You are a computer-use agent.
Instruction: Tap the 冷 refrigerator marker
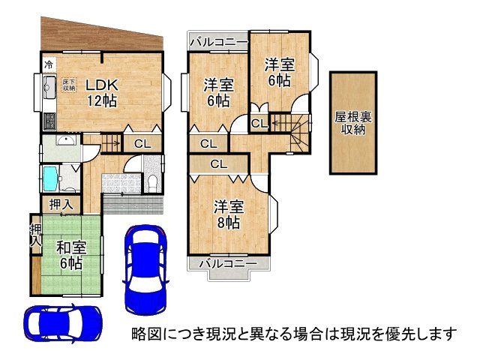tap(48, 64)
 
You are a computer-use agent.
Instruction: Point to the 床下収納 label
tap(68, 84)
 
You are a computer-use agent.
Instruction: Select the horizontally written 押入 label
tap(61, 204)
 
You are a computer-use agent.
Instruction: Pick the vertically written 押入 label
tap(35, 235)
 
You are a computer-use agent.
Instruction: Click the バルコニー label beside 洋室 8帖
tap(227, 263)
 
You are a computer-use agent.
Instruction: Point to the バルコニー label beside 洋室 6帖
tap(217, 41)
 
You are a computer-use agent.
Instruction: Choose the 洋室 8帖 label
tap(226, 214)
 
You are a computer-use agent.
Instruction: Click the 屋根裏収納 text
tap(352, 124)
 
